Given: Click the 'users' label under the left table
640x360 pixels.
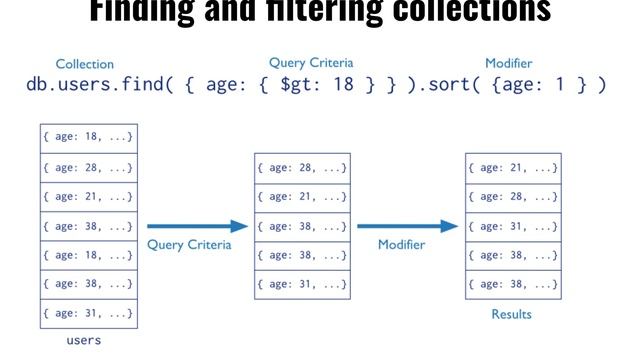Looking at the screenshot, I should coord(83,340).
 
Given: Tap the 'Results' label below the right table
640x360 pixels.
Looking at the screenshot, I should coord(511,314).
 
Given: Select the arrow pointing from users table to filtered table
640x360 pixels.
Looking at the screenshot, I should coord(196,226).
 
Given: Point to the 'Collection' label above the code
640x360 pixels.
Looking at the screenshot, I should coord(84,64).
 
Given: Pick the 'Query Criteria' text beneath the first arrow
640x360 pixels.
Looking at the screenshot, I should coord(189,245).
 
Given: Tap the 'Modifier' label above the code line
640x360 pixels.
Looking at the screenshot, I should coord(508,63).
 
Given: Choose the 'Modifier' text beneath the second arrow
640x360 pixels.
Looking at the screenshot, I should coord(401,245).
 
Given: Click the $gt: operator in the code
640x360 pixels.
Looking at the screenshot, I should coord(300,85).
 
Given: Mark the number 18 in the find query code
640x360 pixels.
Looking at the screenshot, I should coord(343,85).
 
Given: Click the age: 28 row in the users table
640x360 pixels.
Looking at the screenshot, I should coord(88,167).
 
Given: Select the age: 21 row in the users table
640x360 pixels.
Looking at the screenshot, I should coord(88,196).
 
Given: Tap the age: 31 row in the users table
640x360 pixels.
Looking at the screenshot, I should coord(88,312).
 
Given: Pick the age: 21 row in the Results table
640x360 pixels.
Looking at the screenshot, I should coord(513,167).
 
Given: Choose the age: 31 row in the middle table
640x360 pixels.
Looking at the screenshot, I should coord(302,283).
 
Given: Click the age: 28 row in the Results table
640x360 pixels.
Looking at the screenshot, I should coord(513,196).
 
